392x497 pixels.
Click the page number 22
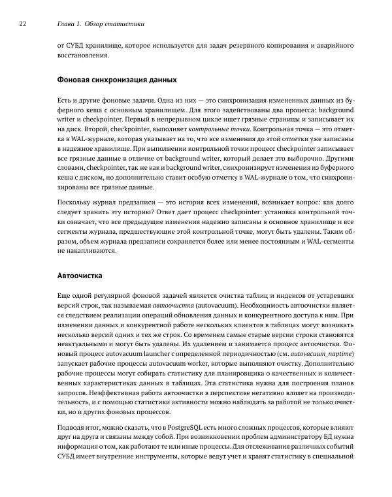point(22,24)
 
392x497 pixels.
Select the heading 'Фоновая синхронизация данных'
point(118,80)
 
